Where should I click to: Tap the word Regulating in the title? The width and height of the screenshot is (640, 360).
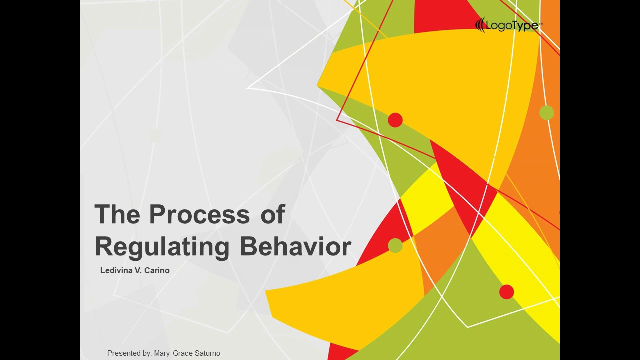pyautogui.click(x=162, y=246)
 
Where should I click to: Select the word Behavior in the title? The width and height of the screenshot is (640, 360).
pyautogui.click(x=295, y=246)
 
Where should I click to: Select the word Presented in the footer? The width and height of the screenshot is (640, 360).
pyautogui.click(x=124, y=353)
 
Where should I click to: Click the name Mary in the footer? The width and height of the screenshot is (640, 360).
pyautogui.click(x=163, y=353)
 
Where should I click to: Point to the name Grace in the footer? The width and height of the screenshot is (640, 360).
pyautogui.click(x=184, y=353)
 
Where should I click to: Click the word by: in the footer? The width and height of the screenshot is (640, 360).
pyautogui.click(x=147, y=353)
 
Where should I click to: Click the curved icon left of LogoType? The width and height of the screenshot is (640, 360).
pyautogui.click(x=480, y=25)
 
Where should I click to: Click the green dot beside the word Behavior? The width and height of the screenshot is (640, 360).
pyautogui.click(x=395, y=246)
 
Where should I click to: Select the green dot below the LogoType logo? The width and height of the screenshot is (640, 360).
pyautogui.click(x=547, y=113)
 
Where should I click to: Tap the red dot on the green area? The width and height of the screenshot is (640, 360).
pyautogui.click(x=507, y=292)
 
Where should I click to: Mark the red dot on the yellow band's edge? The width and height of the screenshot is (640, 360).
pyautogui.click(x=395, y=120)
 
